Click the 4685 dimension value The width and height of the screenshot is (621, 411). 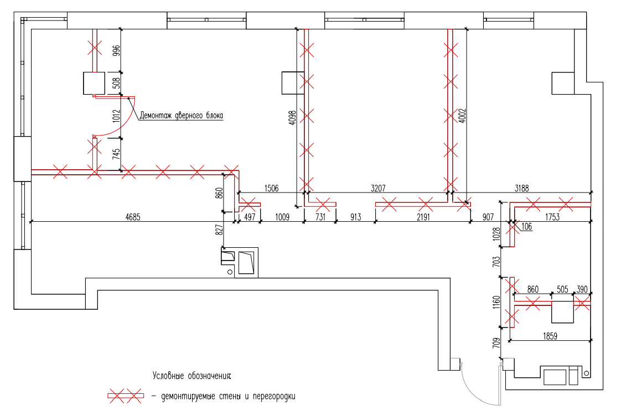coord(133,217)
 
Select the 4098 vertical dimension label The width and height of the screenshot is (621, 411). coord(292,118)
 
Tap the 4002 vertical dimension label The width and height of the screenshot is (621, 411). coord(462,115)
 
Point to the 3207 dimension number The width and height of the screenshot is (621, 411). coord(378,188)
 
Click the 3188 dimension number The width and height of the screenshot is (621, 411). coord(521,188)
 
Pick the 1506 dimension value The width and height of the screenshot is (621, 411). coord(271,188)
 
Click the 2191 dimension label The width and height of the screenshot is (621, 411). coord(423,217)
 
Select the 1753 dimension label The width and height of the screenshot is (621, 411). coord(552,217)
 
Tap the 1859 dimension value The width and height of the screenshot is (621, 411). coord(550,336)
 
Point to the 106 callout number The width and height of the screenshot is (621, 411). coord(527,226)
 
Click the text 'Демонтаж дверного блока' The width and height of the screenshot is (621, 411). coord(182,116)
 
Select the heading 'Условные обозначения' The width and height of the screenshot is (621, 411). coord(192,376)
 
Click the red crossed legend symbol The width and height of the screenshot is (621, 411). coord(125,396)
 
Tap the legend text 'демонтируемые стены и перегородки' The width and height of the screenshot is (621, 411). coord(228,396)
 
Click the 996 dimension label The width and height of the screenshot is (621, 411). coord(116,51)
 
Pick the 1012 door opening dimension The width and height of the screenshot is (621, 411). coord(116,116)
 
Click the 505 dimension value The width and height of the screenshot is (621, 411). coord(562,289)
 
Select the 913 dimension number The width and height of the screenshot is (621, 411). coord(356,217)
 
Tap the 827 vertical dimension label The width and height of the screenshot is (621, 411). coord(219,229)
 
